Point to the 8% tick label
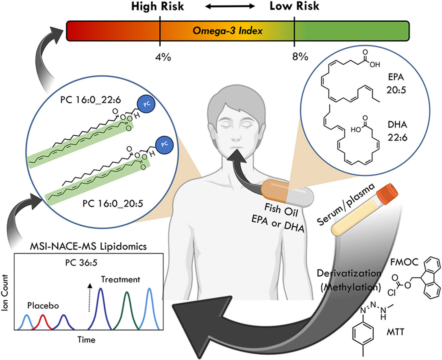pos(295,56)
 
